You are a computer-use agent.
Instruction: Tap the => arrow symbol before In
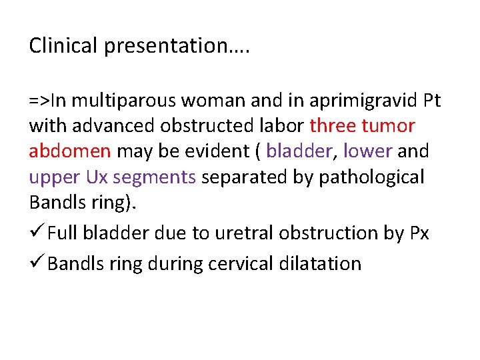click(x=39, y=101)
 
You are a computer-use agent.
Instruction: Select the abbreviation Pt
click(x=432, y=101)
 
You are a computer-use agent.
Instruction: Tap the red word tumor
click(x=390, y=126)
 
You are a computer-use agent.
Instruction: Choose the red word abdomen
click(x=70, y=151)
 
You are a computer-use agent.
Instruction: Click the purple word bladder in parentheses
click(x=298, y=151)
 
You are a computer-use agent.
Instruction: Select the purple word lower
click(x=367, y=151)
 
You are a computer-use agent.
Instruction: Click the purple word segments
click(x=155, y=177)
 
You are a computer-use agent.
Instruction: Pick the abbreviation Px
click(x=418, y=233)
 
